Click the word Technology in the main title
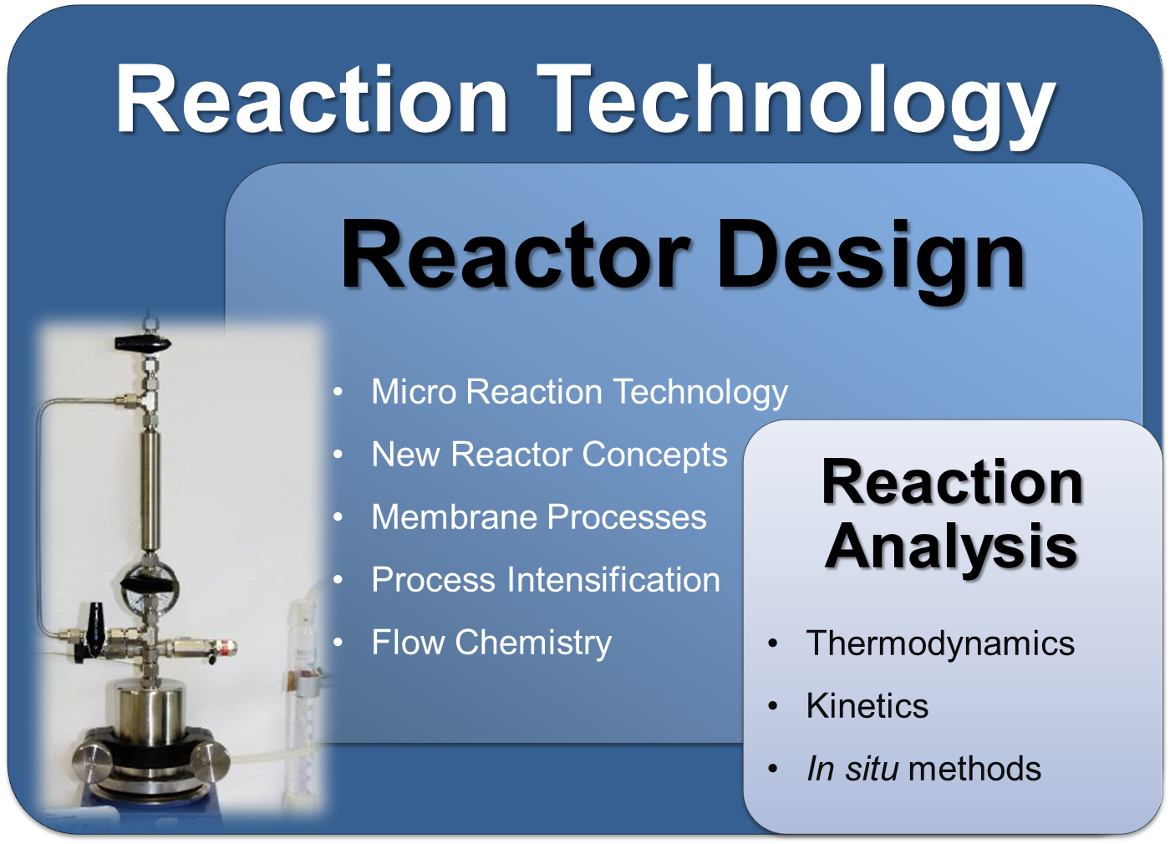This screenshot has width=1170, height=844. [x=796, y=104]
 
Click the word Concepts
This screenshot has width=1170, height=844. [x=654, y=455]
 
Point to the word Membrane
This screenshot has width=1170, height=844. [x=455, y=517]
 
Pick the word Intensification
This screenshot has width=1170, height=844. [x=613, y=580]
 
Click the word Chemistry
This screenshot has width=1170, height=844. [x=533, y=643]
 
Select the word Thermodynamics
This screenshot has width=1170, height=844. [x=940, y=644]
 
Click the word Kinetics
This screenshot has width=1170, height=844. [x=867, y=706]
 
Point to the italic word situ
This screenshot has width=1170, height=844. [x=872, y=769]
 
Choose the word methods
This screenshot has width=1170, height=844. [x=974, y=769]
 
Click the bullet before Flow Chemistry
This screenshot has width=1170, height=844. [x=338, y=643]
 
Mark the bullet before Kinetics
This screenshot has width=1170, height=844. [x=773, y=707]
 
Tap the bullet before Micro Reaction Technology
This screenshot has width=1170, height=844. [x=338, y=392]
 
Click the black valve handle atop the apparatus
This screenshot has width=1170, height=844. [x=143, y=343]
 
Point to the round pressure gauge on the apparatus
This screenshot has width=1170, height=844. [x=150, y=584]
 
